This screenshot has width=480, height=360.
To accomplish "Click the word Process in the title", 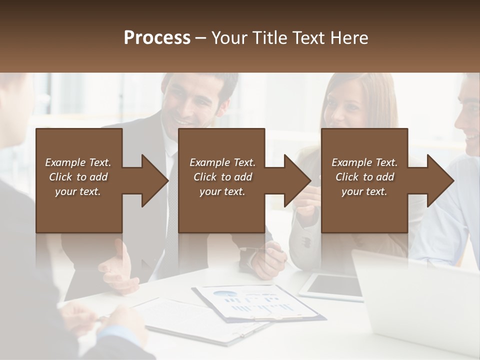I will (157, 37).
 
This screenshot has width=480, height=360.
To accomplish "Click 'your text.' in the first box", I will (78, 191).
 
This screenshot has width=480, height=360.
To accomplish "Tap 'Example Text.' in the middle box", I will (222, 162).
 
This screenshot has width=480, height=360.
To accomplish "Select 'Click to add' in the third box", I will (365, 177).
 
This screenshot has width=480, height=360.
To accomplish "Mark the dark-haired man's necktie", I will (171, 210).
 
